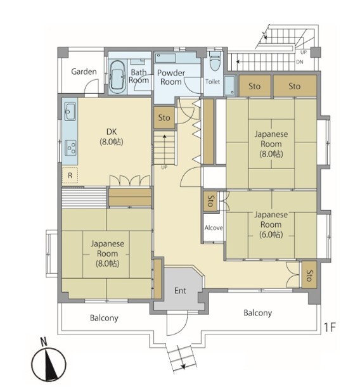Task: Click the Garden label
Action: click(x=84, y=72)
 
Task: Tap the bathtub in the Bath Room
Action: click(x=117, y=77)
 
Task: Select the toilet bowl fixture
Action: click(x=215, y=63)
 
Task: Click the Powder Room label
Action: click(x=171, y=77)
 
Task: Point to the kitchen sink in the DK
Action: click(x=70, y=111)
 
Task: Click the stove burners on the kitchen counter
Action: click(x=71, y=148)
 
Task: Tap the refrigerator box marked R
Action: click(x=70, y=175)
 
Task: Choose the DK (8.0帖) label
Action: click(x=112, y=137)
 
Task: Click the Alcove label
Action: click(x=214, y=227)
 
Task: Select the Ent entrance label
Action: click(x=180, y=291)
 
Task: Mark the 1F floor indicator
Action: click(x=330, y=328)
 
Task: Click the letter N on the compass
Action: click(x=44, y=342)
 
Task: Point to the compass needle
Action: click(x=50, y=364)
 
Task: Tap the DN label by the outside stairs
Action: click(x=300, y=62)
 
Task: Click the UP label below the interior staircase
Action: click(x=164, y=167)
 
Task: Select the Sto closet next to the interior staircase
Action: click(x=164, y=118)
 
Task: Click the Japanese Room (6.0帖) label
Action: click(x=271, y=224)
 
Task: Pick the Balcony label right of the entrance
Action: click(x=257, y=313)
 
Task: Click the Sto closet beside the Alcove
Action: click(x=210, y=201)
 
